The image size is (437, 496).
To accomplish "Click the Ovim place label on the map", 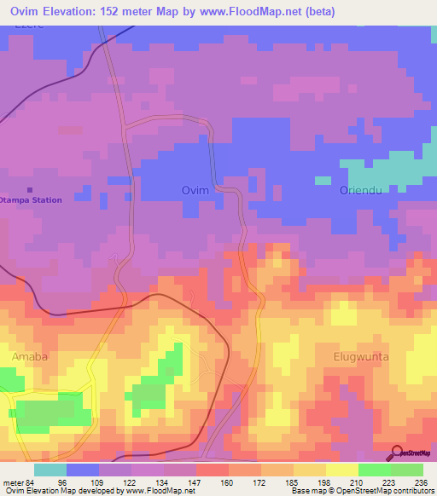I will (x=195, y=191).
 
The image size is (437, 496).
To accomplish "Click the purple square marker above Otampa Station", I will (x=31, y=189).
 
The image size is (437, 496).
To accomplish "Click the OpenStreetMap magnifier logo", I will (x=397, y=452).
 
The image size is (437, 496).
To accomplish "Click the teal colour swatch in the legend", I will (x=50, y=470).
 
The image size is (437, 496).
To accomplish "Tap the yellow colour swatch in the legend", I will (x=341, y=470).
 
